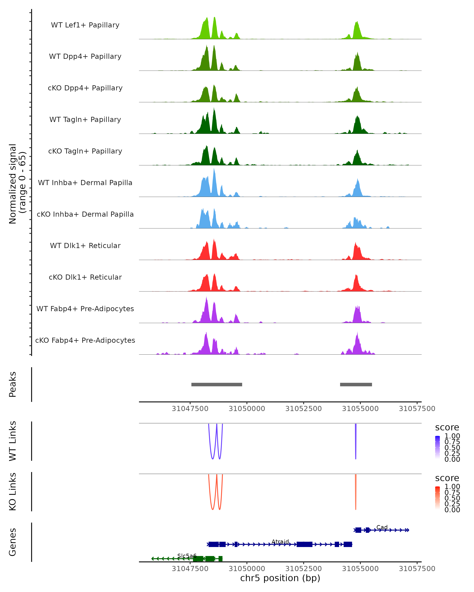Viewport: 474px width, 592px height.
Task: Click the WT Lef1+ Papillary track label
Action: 85,25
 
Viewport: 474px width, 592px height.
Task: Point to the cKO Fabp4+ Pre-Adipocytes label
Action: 85,340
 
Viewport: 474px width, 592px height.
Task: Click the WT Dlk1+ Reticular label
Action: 85,245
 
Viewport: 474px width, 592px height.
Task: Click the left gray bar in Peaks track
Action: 216,384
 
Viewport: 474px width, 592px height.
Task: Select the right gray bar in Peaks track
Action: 356,384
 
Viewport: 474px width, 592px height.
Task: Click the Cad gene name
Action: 382,527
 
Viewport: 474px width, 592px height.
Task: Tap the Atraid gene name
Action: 280,542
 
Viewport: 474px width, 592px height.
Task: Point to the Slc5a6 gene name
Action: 187,556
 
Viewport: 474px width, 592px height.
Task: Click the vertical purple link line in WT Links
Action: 355,441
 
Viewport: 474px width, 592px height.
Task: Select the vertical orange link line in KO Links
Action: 355,492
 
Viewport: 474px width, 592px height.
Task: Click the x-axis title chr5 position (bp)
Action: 280,578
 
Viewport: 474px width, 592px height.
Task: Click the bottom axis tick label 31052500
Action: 303,568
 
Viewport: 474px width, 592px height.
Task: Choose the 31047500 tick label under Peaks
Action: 190,409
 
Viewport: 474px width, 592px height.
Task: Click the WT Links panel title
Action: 13,441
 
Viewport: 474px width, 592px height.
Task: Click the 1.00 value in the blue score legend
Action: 452,436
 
